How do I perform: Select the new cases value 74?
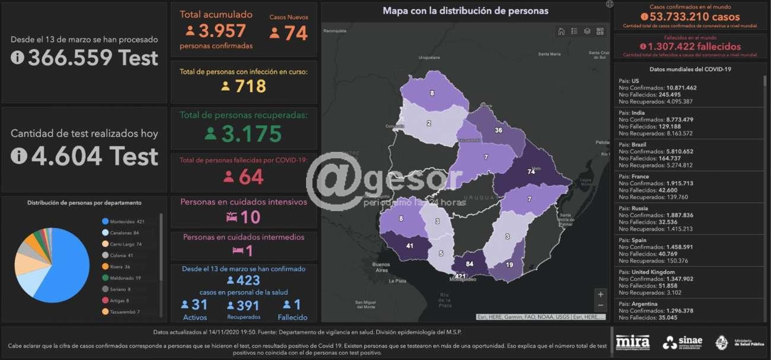tap(295, 33)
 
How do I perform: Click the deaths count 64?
tap(251, 177)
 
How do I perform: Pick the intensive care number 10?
tap(250, 217)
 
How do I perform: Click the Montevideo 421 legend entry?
tap(124, 221)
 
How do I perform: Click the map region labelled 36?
tap(498, 130)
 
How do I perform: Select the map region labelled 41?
tap(409, 246)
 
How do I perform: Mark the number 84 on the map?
tap(470, 264)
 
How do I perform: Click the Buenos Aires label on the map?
tap(381, 266)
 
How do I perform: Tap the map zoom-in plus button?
tap(601, 294)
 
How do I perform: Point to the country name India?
tap(638, 113)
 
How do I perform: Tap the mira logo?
tap(632, 342)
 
